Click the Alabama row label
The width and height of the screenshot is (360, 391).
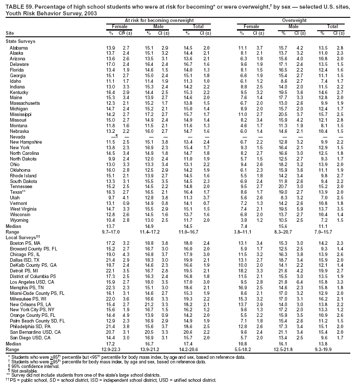point(18,47)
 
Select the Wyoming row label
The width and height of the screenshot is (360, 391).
point(19,220)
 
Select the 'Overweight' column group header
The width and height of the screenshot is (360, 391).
point(290,19)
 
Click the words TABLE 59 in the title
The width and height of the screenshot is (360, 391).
point(16,5)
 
